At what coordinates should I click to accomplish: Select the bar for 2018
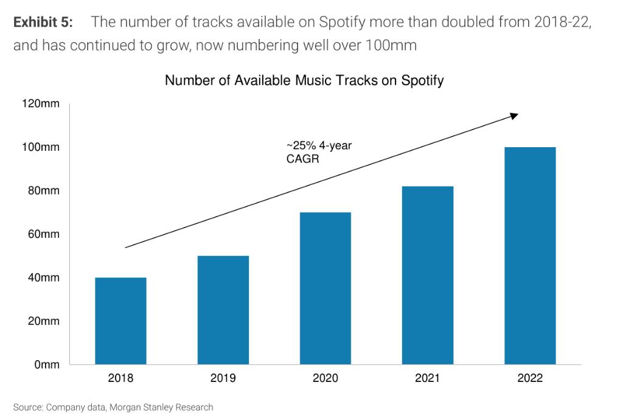pyautogui.click(x=120, y=321)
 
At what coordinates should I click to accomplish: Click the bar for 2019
pyautogui.click(x=223, y=310)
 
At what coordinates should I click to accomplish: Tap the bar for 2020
pyautogui.click(x=325, y=288)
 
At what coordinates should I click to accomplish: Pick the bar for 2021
pyautogui.click(x=427, y=275)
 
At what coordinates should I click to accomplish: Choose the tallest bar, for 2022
pyautogui.click(x=530, y=255)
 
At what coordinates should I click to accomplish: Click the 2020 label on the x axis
pyautogui.click(x=325, y=378)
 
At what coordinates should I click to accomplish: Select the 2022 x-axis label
pyautogui.click(x=530, y=378)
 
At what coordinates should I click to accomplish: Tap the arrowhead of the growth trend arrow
pyautogui.click(x=515, y=115)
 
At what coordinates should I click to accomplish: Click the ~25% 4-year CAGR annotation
pyautogui.click(x=319, y=152)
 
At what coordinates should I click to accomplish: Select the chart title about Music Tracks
pyautogui.click(x=304, y=80)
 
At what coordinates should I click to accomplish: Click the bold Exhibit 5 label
pyautogui.click(x=43, y=23)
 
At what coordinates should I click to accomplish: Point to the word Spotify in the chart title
pyautogui.click(x=422, y=80)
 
